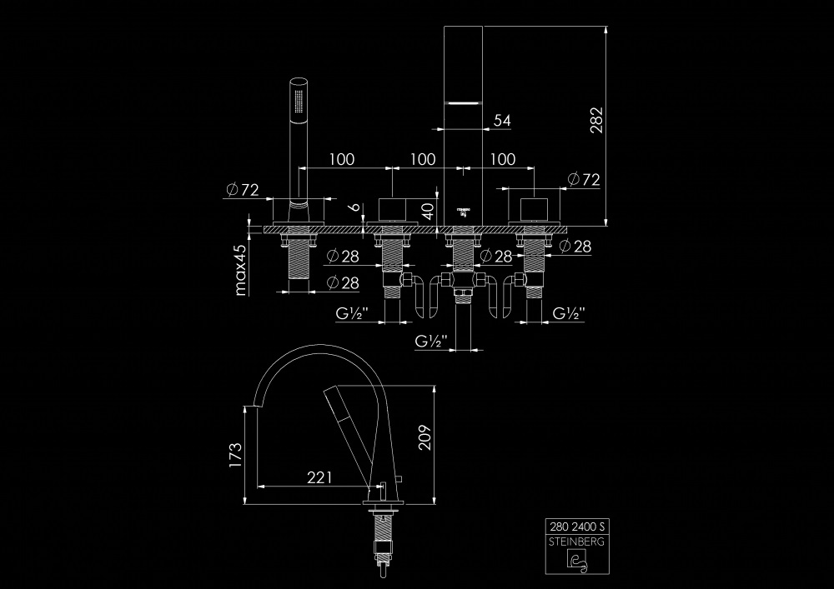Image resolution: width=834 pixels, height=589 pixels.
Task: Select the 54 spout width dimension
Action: [x=502, y=121]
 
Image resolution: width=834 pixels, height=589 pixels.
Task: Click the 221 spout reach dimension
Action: [x=319, y=477]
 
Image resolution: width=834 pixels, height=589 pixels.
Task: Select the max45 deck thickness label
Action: [x=242, y=270]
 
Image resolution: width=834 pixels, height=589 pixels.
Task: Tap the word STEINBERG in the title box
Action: [x=577, y=542]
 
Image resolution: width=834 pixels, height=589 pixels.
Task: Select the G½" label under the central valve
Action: [x=431, y=341]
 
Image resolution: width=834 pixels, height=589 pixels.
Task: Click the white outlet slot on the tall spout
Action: [x=463, y=102]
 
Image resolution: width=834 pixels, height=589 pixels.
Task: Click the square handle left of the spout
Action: [x=391, y=210]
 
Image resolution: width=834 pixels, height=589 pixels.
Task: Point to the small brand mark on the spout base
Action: [x=463, y=210]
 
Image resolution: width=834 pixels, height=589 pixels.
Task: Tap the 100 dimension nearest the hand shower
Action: [x=341, y=159]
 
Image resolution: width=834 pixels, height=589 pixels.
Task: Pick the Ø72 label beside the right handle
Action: [x=583, y=179]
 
